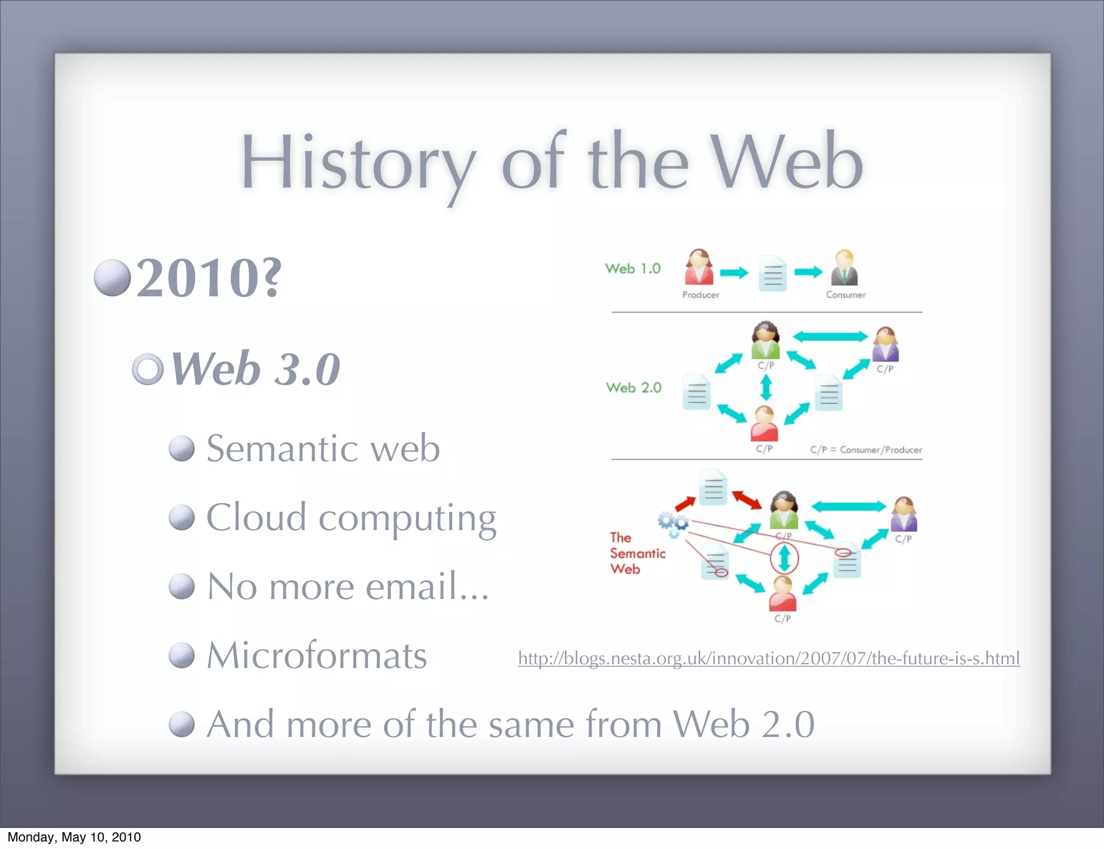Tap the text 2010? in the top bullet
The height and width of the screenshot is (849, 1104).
[x=209, y=278]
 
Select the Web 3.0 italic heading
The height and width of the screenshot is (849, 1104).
[x=256, y=369]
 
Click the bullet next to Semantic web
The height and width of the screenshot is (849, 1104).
[x=181, y=449]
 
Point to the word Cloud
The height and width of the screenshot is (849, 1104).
[x=257, y=518]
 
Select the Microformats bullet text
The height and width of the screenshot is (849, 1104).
[x=316, y=656]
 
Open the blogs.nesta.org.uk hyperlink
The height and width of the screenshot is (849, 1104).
[x=768, y=658]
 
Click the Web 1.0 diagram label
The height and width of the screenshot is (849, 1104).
[x=632, y=268]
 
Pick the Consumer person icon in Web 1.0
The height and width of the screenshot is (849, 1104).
[x=844, y=268]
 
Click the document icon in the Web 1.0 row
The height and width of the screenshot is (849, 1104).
[x=772, y=274]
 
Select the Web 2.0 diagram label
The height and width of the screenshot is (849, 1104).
[x=633, y=387]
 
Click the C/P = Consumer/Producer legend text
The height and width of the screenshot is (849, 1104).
[x=865, y=450]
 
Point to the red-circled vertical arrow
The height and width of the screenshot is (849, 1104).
[x=784, y=558]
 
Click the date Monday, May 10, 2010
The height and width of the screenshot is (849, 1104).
[x=74, y=837]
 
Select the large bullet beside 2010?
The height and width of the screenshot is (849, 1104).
[x=112, y=278]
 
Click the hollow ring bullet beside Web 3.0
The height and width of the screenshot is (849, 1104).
[x=148, y=369]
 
